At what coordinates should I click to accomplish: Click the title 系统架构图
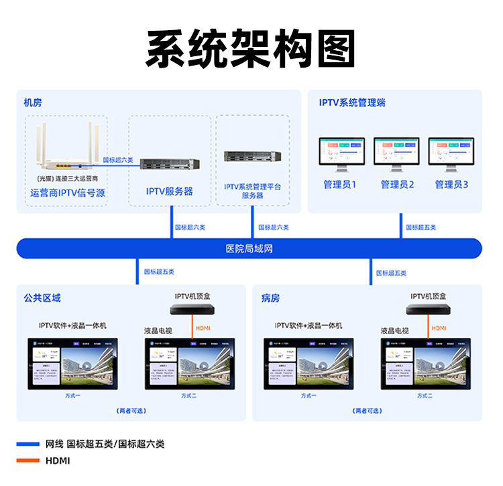[x=251, y=48]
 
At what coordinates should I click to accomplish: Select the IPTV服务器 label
[x=170, y=191]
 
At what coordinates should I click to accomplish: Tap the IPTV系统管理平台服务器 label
[x=253, y=191]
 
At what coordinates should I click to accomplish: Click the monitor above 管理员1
[x=340, y=155]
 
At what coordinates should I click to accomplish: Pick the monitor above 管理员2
[x=396, y=155]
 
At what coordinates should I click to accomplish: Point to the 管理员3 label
[x=451, y=184]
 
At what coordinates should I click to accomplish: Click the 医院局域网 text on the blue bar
[x=249, y=248]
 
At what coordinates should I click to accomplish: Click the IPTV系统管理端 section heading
[x=351, y=102]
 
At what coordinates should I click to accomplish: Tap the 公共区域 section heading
[x=42, y=297]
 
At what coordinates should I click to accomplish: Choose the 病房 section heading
[x=271, y=297]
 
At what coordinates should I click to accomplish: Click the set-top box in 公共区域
[x=193, y=309]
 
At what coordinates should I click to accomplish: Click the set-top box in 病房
[x=428, y=309]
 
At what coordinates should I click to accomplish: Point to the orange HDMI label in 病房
[x=439, y=327]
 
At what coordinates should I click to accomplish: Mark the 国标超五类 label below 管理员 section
[x=421, y=228]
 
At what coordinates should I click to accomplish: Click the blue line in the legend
[x=27, y=444]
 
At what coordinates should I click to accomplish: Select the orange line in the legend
[x=27, y=461]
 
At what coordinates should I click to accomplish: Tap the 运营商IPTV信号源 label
[x=68, y=193]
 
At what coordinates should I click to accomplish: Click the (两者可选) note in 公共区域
[x=131, y=410]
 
